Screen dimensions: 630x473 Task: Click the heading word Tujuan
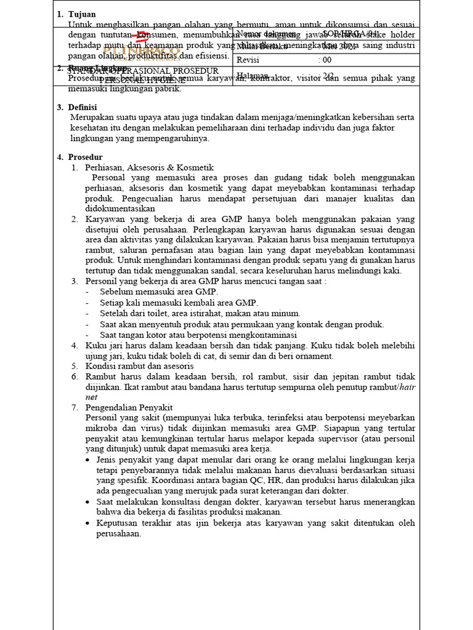(x=82, y=14)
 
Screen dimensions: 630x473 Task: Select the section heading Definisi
(x=85, y=107)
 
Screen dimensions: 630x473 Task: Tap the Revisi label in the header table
(x=248, y=60)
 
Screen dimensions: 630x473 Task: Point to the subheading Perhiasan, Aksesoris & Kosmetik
(x=149, y=167)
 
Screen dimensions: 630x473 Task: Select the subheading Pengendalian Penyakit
(x=129, y=407)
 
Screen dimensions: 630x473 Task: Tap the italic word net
(x=91, y=397)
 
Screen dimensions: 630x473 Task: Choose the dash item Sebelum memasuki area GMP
(x=159, y=292)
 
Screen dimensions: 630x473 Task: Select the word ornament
(x=312, y=356)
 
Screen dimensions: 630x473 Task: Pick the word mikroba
(x=102, y=428)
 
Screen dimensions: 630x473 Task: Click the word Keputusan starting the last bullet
(x=117, y=523)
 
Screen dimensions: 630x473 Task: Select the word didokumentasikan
(x=120, y=209)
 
